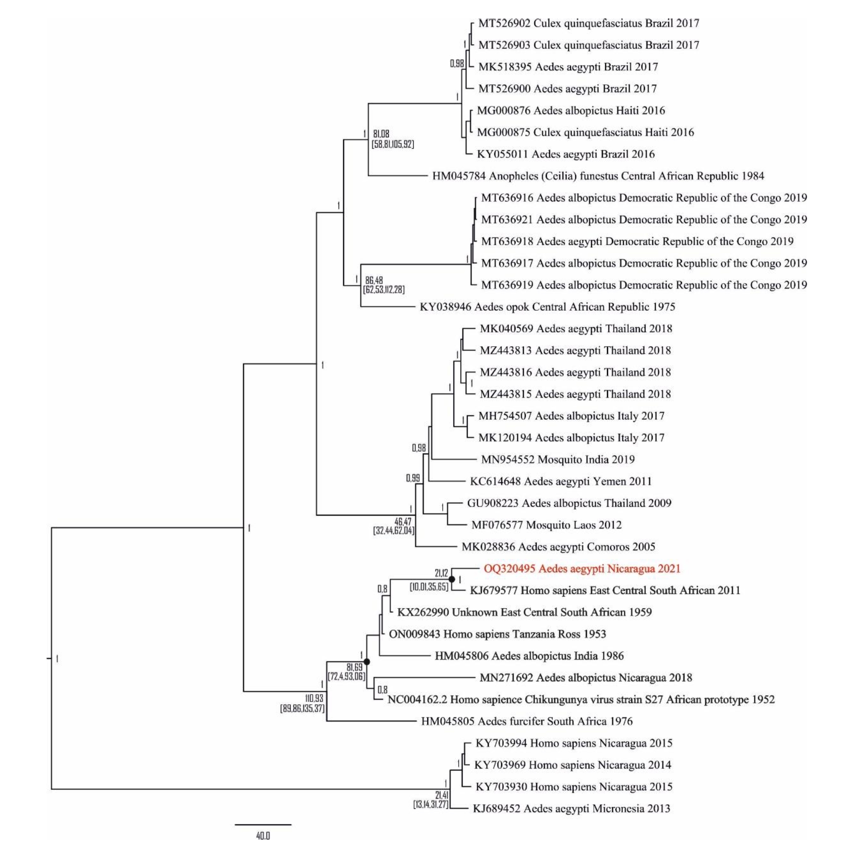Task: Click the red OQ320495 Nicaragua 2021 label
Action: pos(581,569)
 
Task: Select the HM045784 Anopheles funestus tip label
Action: pos(597,176)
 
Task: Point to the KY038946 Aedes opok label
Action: pos(547,307)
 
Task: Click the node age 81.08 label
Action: pos(381,134)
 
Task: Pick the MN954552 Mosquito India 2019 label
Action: pos(557,459)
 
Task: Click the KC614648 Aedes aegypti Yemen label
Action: pos(560,482)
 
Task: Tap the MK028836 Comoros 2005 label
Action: pos(558,547)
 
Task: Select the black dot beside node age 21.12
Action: pos(452,579)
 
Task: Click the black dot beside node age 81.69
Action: pos(367,661)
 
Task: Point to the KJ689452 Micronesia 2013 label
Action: pos(571,808)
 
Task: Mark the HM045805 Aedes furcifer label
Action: pos(527,721)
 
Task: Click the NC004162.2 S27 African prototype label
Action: pos(580,700)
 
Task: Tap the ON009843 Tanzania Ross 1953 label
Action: pos(497,634)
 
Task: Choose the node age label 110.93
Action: pos(314,698)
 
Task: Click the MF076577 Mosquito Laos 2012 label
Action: pos(546,525)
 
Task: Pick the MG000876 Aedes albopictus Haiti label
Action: pos(570,110)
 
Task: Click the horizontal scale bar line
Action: pos(263,824)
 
